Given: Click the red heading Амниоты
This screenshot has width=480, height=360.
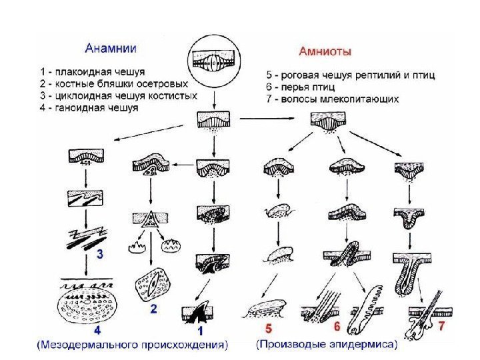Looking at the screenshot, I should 325,51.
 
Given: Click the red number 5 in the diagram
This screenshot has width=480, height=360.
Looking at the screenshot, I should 269,328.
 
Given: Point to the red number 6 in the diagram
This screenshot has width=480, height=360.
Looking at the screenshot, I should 337,327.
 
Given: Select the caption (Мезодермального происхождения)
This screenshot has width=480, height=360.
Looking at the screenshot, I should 131,344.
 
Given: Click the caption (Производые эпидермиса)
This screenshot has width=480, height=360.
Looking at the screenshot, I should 327,344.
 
